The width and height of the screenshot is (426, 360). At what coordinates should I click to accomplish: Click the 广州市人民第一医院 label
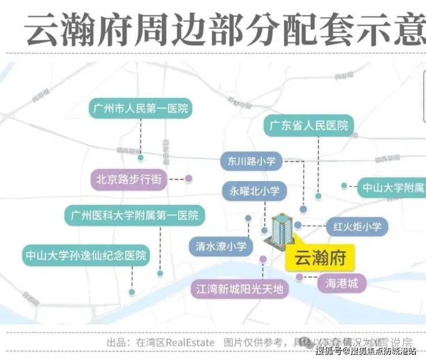(x=140, y=108)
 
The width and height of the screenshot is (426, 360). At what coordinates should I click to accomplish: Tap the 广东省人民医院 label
(x=309, y=125)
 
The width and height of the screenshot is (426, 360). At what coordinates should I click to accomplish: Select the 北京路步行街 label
(x=128, y=179)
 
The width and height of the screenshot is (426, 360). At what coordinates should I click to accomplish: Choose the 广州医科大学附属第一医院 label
(x=134, y=216)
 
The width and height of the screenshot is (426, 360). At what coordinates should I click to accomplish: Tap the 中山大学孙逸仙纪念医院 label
(x=86, y=254)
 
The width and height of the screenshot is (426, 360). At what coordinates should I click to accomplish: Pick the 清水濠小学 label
(x=220, y=247)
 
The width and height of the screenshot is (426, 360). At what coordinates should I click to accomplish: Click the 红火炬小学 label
(x=353, y=227)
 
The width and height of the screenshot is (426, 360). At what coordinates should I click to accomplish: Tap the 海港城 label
(x=342, y=283)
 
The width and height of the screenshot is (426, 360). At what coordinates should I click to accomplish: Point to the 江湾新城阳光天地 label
(x=240, y=289)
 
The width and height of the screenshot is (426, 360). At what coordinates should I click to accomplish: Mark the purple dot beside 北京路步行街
(x=188, y=179)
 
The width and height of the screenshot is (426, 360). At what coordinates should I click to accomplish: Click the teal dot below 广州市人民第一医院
(x=140, y=156)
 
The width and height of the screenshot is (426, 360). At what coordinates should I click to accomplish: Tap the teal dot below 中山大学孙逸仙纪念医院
(x=132, y=292)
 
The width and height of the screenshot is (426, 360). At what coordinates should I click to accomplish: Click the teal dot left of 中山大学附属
(x=344, y=186)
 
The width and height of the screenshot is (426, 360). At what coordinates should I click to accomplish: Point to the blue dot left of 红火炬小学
(x=298, y=225)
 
